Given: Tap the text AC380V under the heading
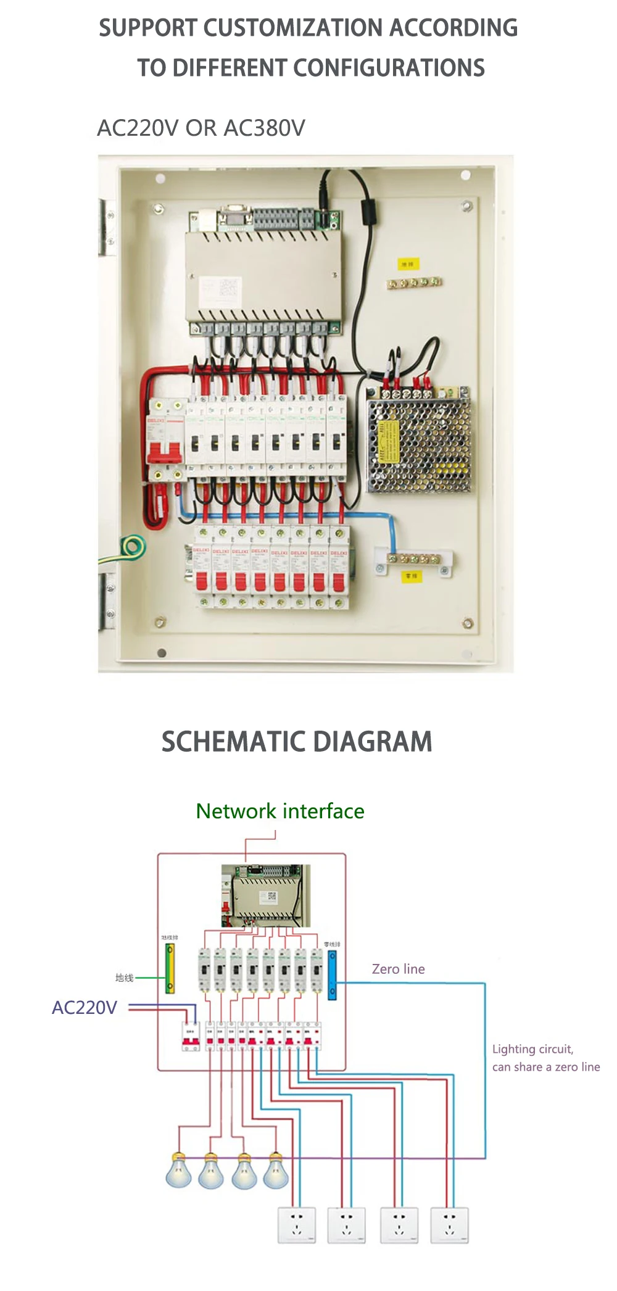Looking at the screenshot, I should coord(264,128).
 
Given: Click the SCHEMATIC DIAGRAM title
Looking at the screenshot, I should coord(297,742).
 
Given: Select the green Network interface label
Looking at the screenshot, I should coord(280,811).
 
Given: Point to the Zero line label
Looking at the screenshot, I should coord(398,969).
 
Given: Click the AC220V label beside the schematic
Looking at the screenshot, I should coord(85,1008).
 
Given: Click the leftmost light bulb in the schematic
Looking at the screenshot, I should coord(178,1171).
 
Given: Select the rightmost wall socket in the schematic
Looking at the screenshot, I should coord(449,1225).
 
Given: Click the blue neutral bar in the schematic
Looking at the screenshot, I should coord(332,975).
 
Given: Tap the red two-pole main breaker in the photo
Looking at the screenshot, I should coord(165,439).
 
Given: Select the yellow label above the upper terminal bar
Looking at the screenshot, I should coord(407,264).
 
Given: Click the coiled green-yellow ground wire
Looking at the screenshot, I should coord(132,547).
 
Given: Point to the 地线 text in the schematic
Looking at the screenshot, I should coord(124,978).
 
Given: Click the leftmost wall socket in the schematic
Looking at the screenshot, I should coord(297,1225).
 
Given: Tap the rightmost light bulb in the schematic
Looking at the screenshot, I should coord(276,1171).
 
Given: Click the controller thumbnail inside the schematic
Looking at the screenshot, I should coord(266,895).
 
